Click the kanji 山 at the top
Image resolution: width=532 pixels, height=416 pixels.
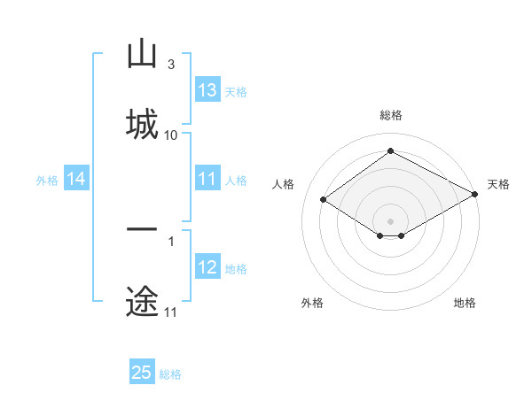click(x=142, y=54)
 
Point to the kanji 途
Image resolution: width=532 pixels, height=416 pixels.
click(x=142, y=301)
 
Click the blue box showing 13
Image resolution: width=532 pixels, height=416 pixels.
click(x=207, y=90)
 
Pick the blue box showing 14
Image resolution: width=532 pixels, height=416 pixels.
click(x=76, y=180)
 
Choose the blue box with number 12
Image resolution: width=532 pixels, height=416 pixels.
click(x=207, y=267)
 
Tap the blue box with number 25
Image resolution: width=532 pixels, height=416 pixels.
click(x=142, y=373)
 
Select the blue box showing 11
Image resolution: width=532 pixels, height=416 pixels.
click(x=207, y=179)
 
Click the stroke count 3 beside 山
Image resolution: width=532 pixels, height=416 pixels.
click(x=170, y=64)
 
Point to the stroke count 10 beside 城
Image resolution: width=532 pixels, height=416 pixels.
click(x=171, y=135)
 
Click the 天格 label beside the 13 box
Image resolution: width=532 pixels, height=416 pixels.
click(x=236, y=92)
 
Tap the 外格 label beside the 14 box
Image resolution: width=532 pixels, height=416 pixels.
click(x=47, y=181)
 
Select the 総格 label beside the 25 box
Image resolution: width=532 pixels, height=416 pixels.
click(x=170, y=374)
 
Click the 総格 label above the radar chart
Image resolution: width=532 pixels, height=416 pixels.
click(x=391, y=115)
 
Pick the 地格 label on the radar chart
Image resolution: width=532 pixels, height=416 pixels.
click(x=465, y=303)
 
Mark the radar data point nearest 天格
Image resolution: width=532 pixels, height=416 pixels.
click(x=476, y=195)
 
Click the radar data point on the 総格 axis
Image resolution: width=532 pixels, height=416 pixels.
click(x=390, y=151)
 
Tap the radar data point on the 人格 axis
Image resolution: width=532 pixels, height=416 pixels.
click(x=324, y=200)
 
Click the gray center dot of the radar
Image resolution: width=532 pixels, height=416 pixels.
click(x=390, y=220)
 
